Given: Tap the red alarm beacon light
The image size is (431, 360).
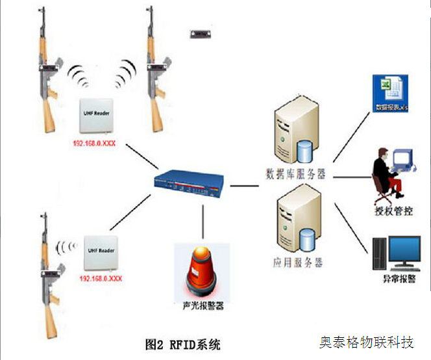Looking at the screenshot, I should click(x=202, y=272).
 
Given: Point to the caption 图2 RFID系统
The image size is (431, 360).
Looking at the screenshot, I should click(x=182, y=344).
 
